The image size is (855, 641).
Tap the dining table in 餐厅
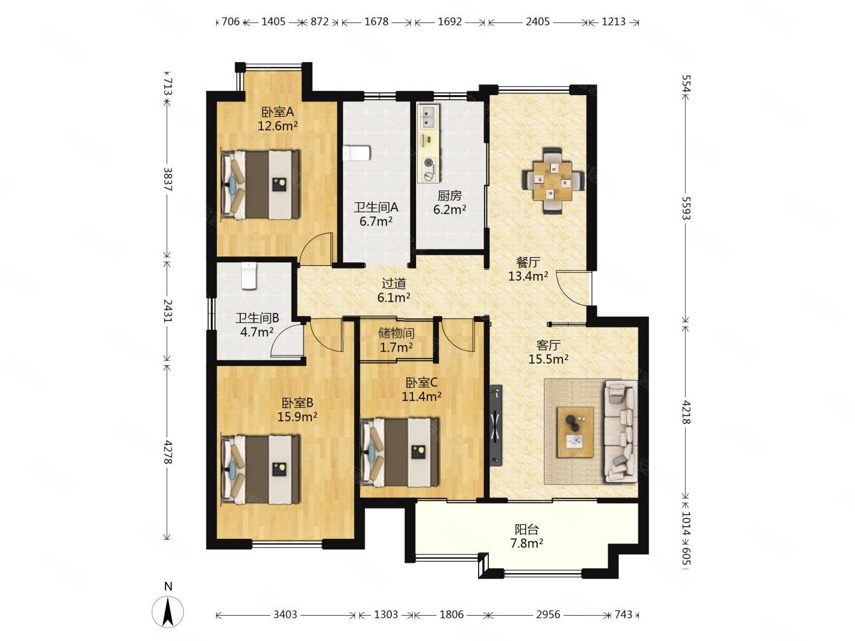coord(552,181)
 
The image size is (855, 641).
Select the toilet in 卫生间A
coord(356,153)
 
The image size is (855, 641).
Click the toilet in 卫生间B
coord(249,276)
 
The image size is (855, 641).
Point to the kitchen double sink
coord(429,116)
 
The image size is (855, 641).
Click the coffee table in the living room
coord(575,432)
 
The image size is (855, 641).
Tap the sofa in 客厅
coord(621,432)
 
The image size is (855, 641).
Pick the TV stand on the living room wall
coord(496,425)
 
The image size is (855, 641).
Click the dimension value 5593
coord(686,208)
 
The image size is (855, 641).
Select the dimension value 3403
coord(285,614)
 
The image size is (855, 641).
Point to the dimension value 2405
coord(538,22)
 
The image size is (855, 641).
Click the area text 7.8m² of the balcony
coord(527,543)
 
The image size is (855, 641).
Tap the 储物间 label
coord(396,333)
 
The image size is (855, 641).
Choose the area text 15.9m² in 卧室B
coord(297,417)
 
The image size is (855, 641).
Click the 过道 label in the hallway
coord(393,283)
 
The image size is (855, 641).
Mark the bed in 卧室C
coord(400,452)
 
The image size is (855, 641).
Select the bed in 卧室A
coord(261,185)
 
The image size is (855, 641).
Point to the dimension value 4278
coord(167,452)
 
